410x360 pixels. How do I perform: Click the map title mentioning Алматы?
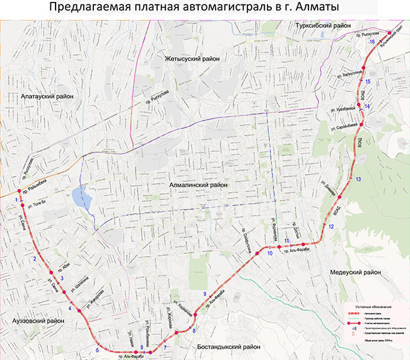[204, 8]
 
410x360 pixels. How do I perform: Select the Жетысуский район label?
[192, 58]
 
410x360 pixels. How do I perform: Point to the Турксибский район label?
[323, 26]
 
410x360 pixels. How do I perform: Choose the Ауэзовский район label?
[38, 321]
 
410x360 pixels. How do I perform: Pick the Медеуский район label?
[355, 273]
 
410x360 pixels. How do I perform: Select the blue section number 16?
[372, 42]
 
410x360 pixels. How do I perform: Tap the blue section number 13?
[358, 180]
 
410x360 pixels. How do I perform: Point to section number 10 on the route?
[269, 253]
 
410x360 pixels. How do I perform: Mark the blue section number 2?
[36, 259]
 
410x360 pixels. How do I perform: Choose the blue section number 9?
[204, 294]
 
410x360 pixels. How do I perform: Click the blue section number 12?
[331, 226]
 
